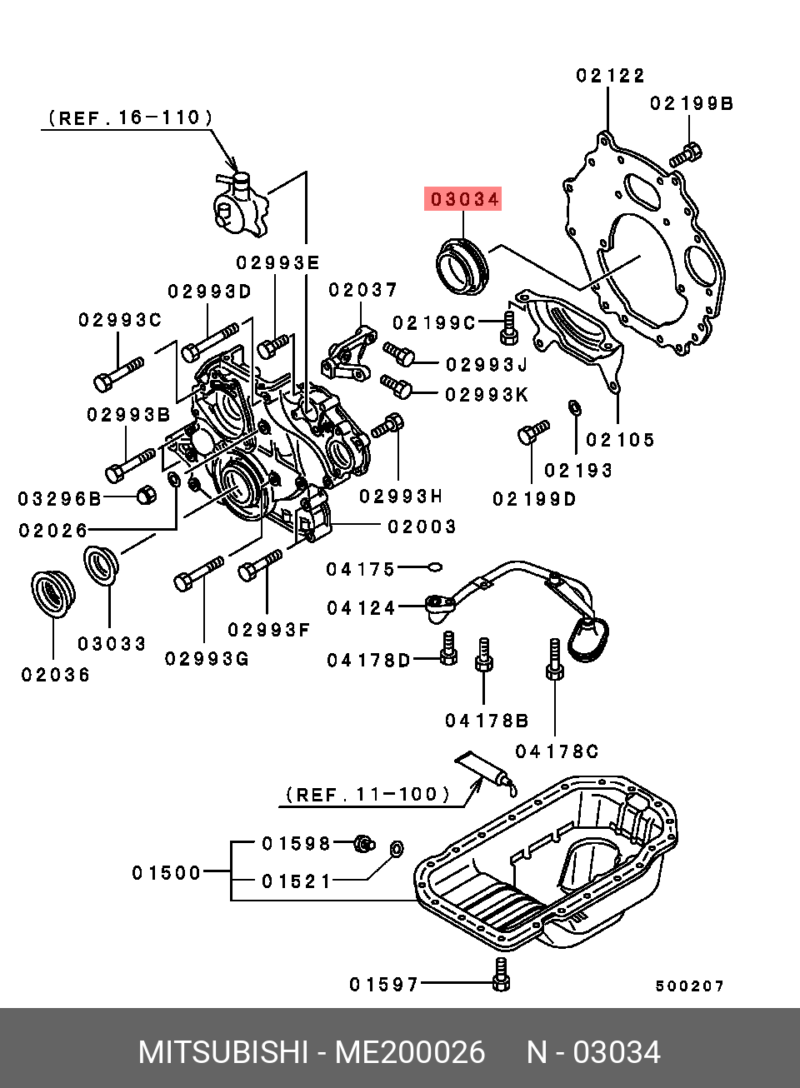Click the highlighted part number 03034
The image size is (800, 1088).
(x=463, y=199)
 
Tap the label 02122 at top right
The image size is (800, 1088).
(x=610, y=76)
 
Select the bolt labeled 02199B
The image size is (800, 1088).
(x=686, y=155)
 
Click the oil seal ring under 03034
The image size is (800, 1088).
(x=462, y=266)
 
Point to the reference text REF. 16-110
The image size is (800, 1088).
(x=130, y=118)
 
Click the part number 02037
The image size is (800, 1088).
(x=362, y=290)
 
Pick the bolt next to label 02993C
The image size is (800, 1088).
(x=117, y=374)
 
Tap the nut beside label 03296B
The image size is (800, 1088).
(x=146, y=495)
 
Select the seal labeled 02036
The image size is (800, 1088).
(x=52, y=593)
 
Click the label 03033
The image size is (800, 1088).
(x=112, y=644)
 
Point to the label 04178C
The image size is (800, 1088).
(x=556, y=751)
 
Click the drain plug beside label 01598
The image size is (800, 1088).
(x=362, y=843)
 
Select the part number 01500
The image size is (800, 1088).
(x=167, y=873)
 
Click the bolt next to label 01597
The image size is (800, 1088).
(x=500, y=975)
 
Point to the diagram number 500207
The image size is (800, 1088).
(x=689, y=986)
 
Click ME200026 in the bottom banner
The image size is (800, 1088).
(x=409, y=1052)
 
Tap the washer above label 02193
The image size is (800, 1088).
(x=574, y=407)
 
